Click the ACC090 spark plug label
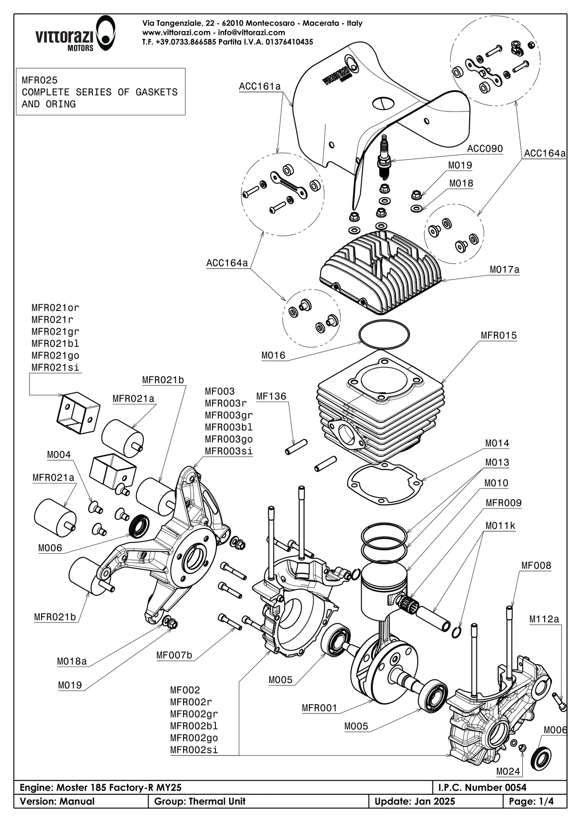(485, 149)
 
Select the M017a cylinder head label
(505, 269)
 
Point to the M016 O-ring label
(273, 356)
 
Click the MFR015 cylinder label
(498, 335)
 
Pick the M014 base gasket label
(497, 443)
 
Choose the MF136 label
(271, 396)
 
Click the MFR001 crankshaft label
(319, 708)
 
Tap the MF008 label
(536, 565)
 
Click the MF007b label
(174, 656)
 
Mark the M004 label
(59, 455)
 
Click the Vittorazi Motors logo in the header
(75, 33)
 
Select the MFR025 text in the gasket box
(39, 80)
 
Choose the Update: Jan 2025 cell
(415, 802)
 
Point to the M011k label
(500, 526)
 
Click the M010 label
(496, 483)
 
